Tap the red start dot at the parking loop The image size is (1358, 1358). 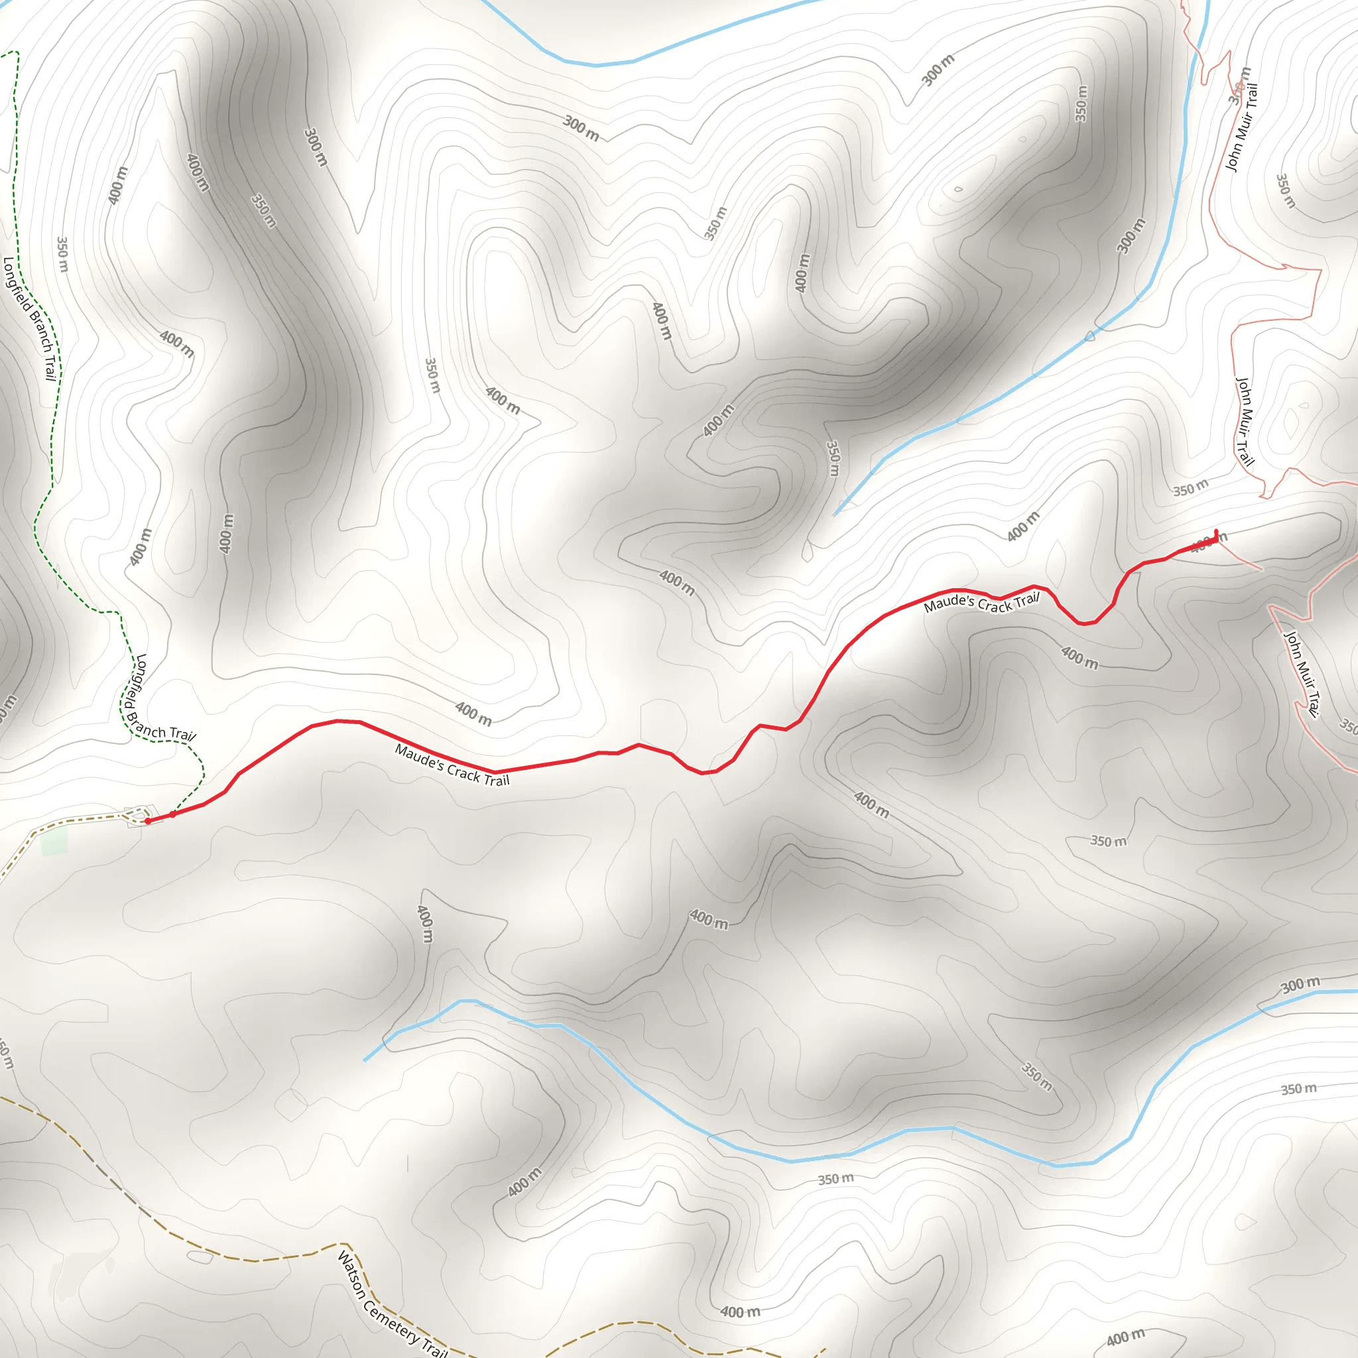pyautogui.click(x=148, y=821)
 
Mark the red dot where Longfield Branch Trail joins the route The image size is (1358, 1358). pyautogui.click(x=173, y=815)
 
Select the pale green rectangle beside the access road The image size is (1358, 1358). pyautogui.click(x=54, y=841)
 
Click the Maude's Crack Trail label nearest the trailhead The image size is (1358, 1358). pyautogui.click(x=452, y=765)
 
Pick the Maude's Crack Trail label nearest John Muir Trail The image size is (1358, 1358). pyautogui.click(x=981, y=602)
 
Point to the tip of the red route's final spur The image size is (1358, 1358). pyautogui.click(x=1216, y=530)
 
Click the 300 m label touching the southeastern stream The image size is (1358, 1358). pyautogui.click(x=1300, y=985)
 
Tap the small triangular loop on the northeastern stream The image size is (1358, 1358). pyautogui.click(x=1090, y=336)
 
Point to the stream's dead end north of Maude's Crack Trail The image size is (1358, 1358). pyautogui.click(x=835, y=515)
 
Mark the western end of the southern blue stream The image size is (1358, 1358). pyautogui.click(x=365, y=1060)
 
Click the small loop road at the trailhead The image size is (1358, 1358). pyautogui.click(x=133, y=816)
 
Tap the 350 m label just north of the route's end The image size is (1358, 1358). pyautogui.click(x=1191, y=487)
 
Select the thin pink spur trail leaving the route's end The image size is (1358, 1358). pyautogui.click(x=1240, y=559)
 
